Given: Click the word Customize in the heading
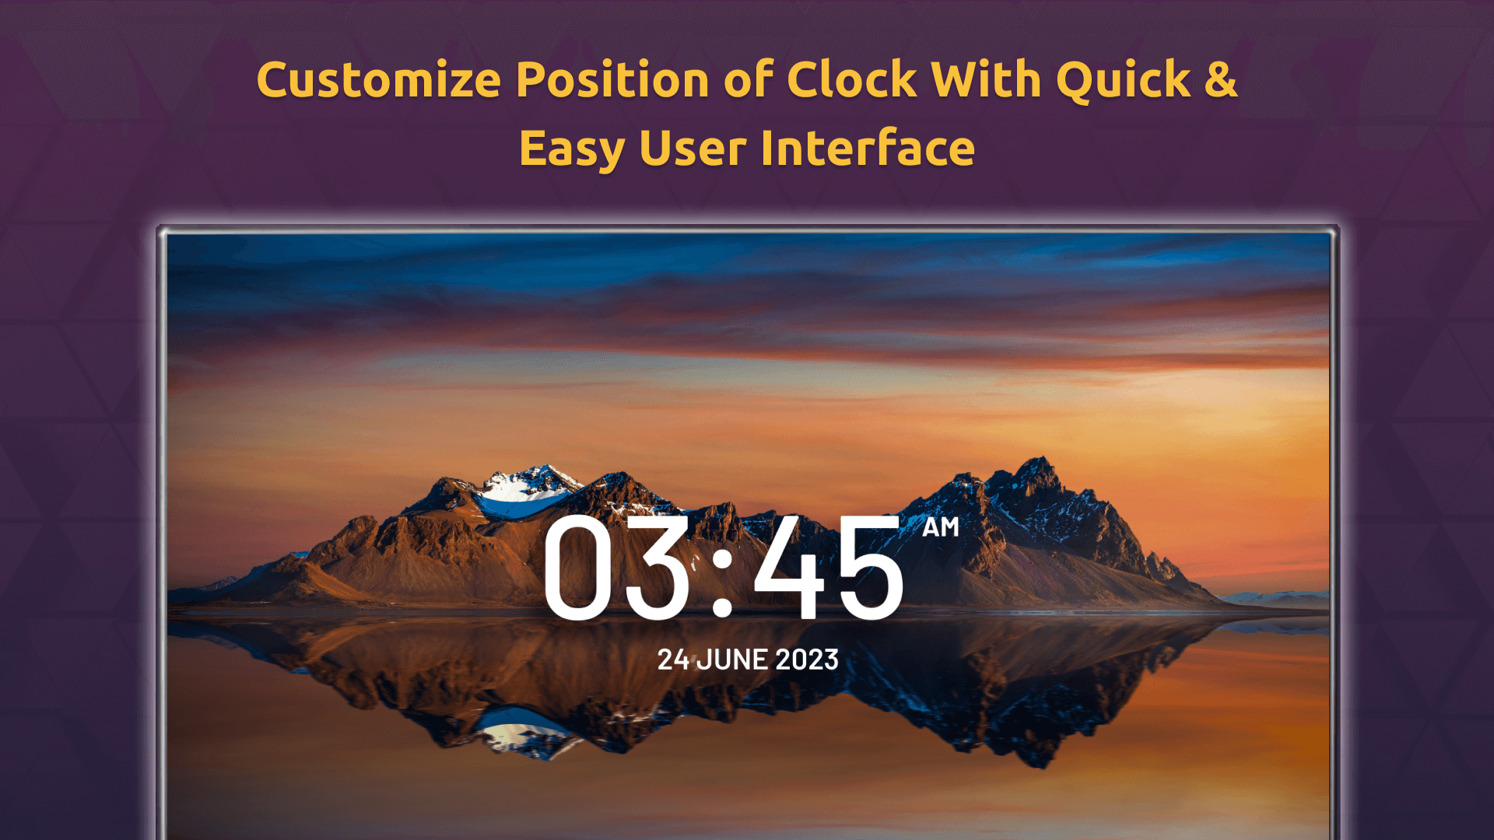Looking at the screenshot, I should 379,80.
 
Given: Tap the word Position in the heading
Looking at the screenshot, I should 612,80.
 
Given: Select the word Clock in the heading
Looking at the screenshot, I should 852,80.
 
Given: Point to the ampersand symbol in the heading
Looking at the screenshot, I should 1221,80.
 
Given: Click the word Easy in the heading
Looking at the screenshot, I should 572,149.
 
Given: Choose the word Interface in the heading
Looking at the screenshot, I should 868,148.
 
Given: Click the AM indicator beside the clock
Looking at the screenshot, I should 941,527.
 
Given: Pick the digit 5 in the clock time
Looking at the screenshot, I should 869,568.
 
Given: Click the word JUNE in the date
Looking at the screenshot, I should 732,660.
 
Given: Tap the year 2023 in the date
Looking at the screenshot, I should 807,660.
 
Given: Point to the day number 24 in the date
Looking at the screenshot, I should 673,660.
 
